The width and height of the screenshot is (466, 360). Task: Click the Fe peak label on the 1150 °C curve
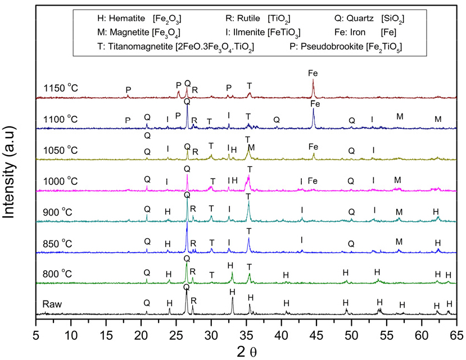coord(314,73)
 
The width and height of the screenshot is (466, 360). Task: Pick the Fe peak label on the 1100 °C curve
coord(315,104)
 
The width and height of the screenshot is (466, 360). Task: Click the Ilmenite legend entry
coord(261,33)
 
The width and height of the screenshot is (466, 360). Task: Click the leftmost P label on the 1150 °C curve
coord(128,90)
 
